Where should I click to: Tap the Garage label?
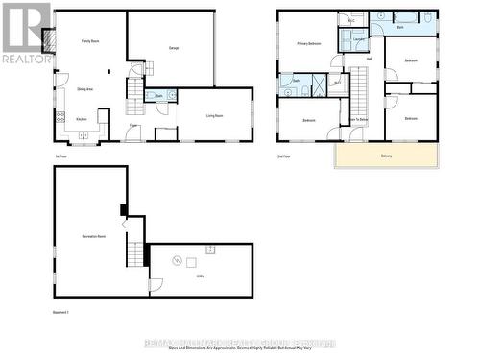[174, 48]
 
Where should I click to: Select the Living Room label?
[214, 114]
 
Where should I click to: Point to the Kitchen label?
[82, 118]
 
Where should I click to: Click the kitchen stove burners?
[60, 118]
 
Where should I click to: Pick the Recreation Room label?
[94, 235]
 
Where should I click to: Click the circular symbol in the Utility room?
[177, 260]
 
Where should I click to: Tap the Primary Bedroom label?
[308, 44]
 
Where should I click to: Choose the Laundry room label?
[358, 39]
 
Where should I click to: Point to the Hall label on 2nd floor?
[370, 59]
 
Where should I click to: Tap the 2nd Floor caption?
[284, 156]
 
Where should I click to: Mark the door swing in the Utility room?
[156, 286]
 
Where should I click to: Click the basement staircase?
[135, 253]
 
